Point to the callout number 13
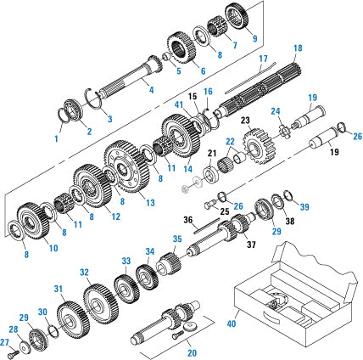point(149,203)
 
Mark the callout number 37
point(251,246)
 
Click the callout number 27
point(5,343)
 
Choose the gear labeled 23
point(254,148)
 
